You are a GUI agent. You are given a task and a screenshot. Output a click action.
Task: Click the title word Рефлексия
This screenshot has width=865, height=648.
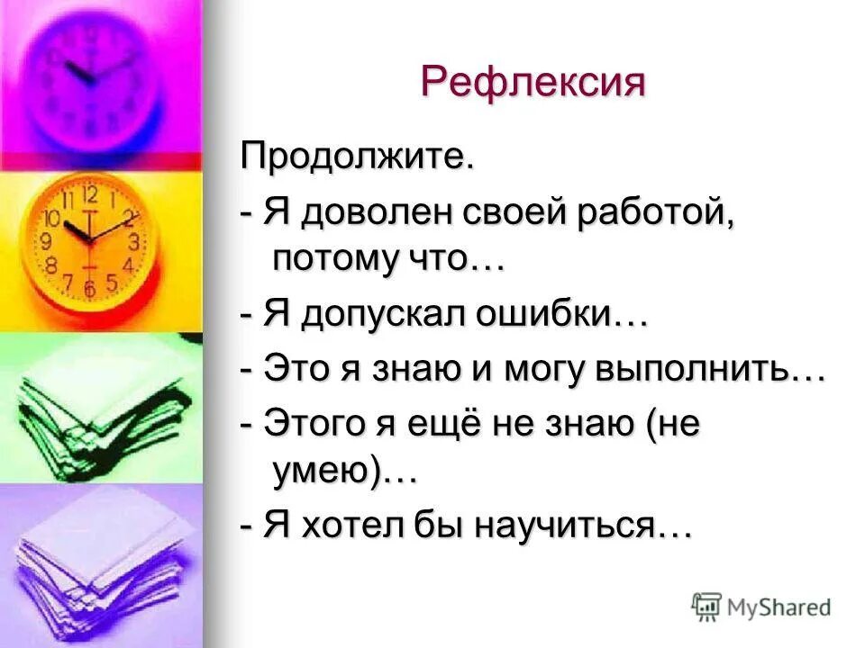point(533,83)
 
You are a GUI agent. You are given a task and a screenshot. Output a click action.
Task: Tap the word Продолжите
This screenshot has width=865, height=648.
point(356,160)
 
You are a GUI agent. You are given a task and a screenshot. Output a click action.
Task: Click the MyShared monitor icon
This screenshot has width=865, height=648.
point(706,606)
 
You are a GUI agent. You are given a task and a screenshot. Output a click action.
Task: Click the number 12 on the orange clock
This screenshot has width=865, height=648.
point(90,194)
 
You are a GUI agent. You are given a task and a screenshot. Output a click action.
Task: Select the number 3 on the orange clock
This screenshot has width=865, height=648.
point(133,241)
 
